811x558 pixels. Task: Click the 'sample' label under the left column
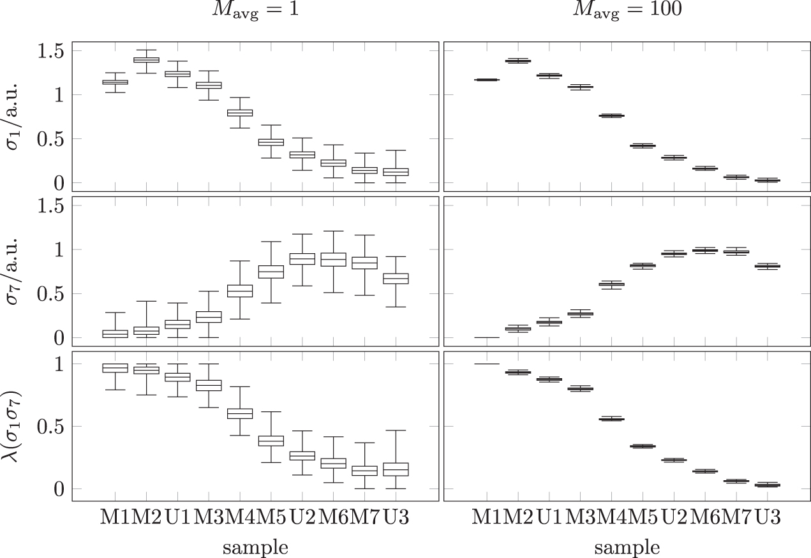tap(255, 547)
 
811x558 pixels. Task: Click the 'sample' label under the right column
tap(628, 547)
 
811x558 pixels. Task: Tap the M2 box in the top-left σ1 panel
tap(146, 60)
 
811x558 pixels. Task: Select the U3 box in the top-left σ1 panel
tap(396, 172)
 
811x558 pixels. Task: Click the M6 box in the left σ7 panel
tap(333, 260)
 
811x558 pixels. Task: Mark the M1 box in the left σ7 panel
tap(115, 334)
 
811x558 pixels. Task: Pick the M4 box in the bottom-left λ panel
tap(239, 413)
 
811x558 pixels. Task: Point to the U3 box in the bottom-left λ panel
tap(396, 469)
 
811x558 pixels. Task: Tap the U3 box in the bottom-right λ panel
tap(768, 485)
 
